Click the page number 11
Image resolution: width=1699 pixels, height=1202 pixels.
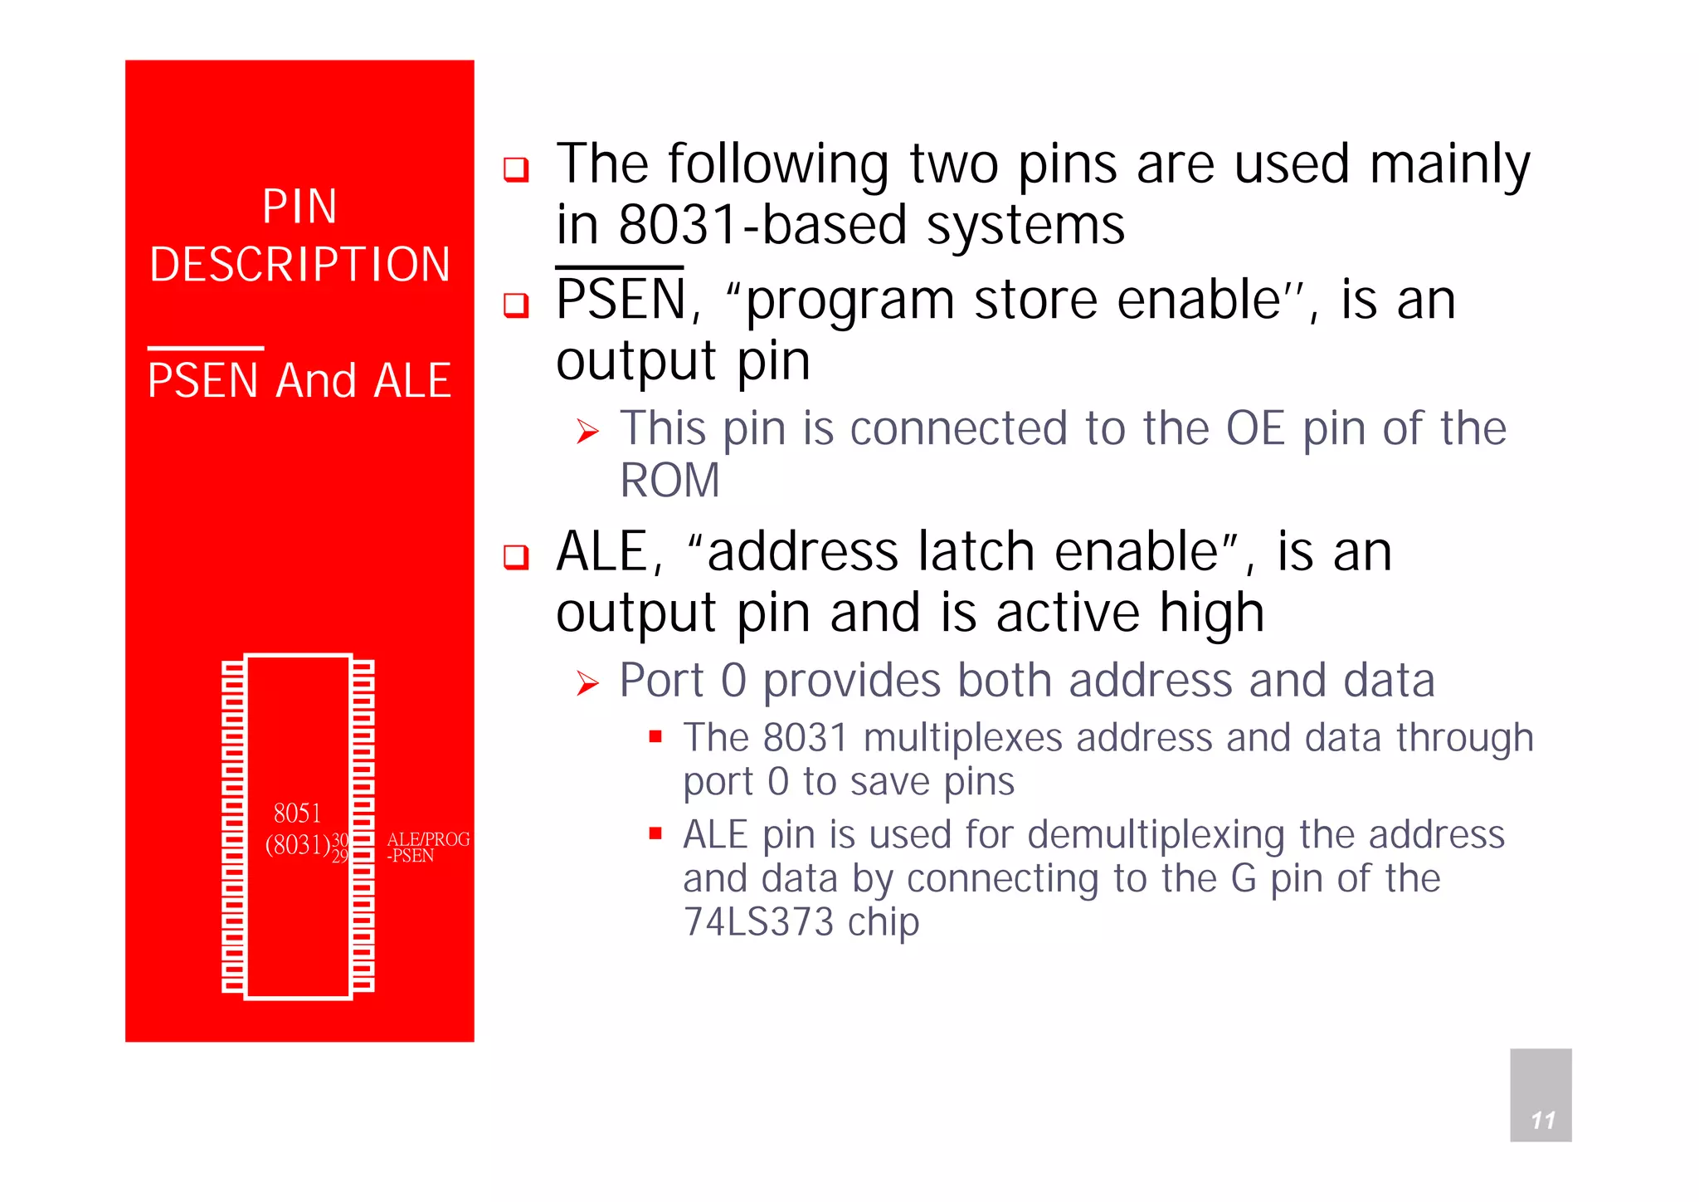1542,1120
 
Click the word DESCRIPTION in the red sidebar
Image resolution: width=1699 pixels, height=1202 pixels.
299,265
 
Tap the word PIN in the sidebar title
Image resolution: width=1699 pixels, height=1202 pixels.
299,206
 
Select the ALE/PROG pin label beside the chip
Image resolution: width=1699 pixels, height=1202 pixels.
428,839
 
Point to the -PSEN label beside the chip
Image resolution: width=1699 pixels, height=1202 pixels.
411,856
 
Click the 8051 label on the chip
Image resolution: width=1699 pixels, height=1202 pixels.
297,813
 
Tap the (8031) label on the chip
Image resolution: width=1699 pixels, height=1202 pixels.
297,845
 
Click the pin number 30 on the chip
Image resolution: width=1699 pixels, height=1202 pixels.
340,840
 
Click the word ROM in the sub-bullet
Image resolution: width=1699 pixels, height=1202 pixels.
670,481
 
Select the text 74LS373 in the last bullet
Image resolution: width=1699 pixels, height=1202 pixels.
758,922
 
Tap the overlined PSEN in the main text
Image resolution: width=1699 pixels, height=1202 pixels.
621,299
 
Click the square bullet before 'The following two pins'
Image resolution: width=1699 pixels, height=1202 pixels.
516,169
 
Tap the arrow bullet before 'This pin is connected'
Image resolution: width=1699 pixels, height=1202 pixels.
587,432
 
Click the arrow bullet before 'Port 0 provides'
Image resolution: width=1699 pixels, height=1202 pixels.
587,683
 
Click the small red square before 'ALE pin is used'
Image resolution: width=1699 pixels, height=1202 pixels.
655,833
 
